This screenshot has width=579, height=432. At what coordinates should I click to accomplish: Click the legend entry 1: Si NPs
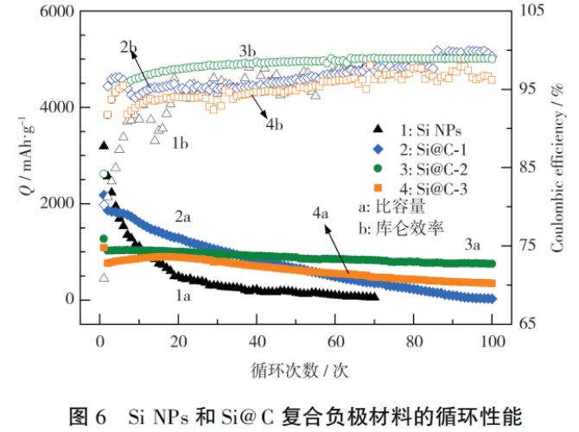click(424, 131)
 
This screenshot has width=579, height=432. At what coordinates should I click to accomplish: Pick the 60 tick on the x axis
click(335, 340)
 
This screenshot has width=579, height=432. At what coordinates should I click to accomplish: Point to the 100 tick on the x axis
click(493, 340)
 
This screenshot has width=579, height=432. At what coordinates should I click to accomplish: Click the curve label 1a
click(182, 295)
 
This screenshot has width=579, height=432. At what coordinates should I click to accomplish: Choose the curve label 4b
click(274, 125)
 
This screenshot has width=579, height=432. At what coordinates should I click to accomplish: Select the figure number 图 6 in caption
click(89, 416)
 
